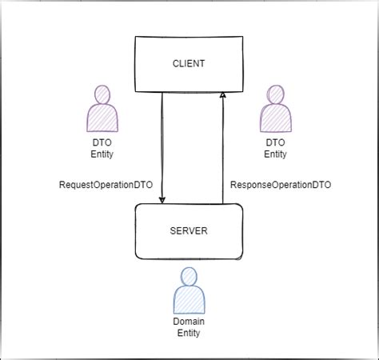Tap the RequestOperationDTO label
click(107, 185)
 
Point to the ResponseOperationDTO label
click(281, 185)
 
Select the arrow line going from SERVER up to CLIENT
click(223, 152)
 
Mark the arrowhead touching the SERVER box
click(162, 199)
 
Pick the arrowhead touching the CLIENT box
click(223, 95)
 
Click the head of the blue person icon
click(189, 277)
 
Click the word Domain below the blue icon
click(189, 321)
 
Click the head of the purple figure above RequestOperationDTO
click(102, 95)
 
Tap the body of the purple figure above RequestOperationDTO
click(102, 118)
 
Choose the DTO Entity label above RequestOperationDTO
click(102, 147)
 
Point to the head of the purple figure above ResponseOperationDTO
click(275, 95)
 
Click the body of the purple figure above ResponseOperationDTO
click(275, 118)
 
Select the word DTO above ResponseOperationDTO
click(275, 142)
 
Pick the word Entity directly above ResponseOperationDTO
click(275, 154)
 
